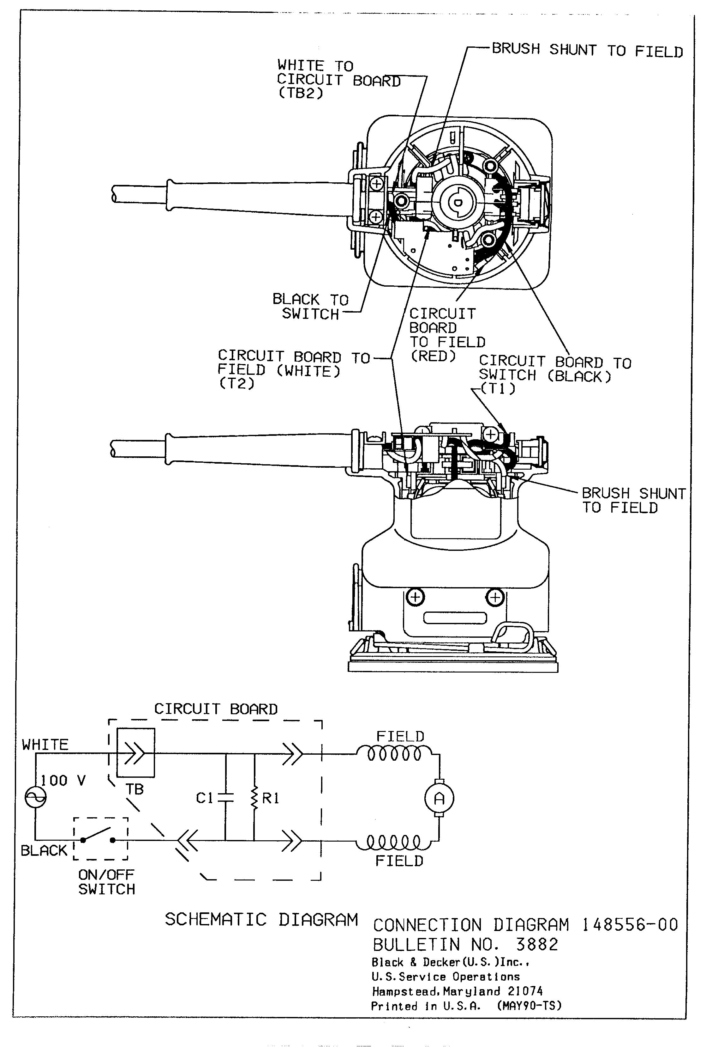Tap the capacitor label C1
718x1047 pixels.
(x=204, y=798)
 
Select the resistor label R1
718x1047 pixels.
(x=271, y=798)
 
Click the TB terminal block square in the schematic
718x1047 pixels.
(x=135, y=752)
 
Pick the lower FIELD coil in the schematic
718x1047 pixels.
(x=395, y=842)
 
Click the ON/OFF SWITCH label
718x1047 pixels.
(x=107, y=882)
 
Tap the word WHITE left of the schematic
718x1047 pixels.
(x=45, y=744)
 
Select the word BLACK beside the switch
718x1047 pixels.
(x=44, y=850)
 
